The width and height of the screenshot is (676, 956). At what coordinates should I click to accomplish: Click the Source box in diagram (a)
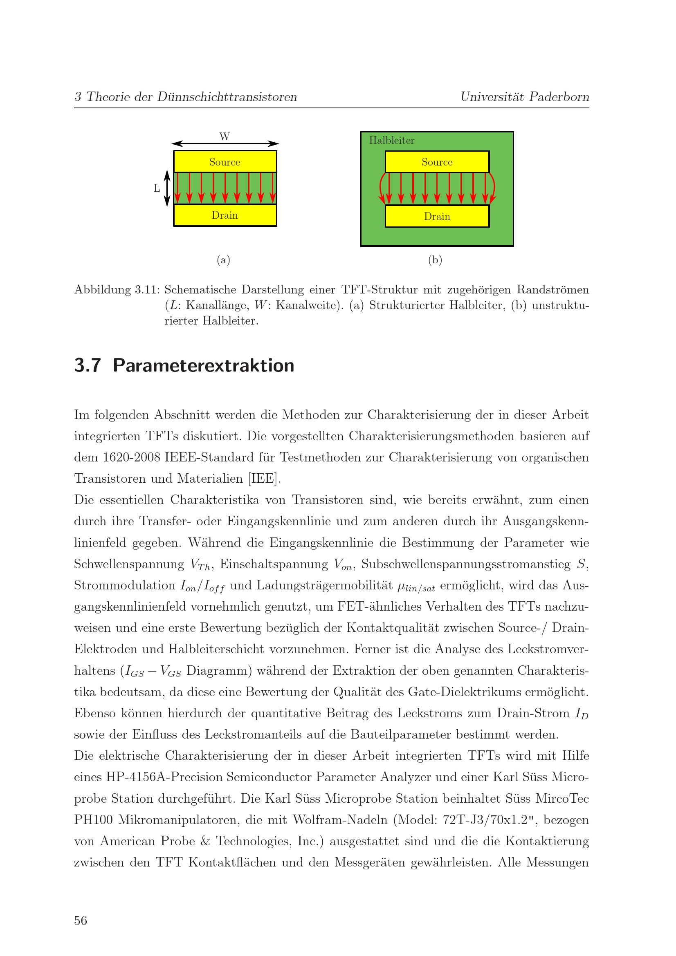click(x=225, y=161)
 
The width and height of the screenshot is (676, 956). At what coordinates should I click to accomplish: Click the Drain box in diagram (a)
click(x=225, y=215)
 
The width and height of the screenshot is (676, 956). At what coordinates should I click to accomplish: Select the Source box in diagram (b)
click(x=437, y=161)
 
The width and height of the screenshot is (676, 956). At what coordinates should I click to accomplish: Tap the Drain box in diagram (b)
click(x=437, y=216)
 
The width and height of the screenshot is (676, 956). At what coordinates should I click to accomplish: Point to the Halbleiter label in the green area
click(x=391, y=140)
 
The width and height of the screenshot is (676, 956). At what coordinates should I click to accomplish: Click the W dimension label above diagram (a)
click(x=225, y=136)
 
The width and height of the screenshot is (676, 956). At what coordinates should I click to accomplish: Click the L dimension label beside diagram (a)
click(x=157, y=188)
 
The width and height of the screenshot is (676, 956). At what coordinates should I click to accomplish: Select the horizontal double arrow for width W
click(x=225, y=143)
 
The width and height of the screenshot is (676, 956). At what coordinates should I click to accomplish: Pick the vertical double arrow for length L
click(x=167, y=188)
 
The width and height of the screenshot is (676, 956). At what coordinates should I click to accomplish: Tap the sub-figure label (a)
click(x=223, y=260)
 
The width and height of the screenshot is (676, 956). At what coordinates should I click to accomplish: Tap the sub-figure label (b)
click(x=435, y=260)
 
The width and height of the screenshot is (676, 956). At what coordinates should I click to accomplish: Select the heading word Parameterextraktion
click(x=203, y=365)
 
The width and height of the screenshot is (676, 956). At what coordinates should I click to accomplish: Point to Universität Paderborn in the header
click(x=524, y=96)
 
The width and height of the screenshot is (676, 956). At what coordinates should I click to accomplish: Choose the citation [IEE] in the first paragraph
click(x=264, y=479)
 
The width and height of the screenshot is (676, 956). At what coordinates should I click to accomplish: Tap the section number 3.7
click(x=88, y=365)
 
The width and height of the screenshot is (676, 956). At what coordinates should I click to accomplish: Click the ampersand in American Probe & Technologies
click(x=205, y=841)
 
